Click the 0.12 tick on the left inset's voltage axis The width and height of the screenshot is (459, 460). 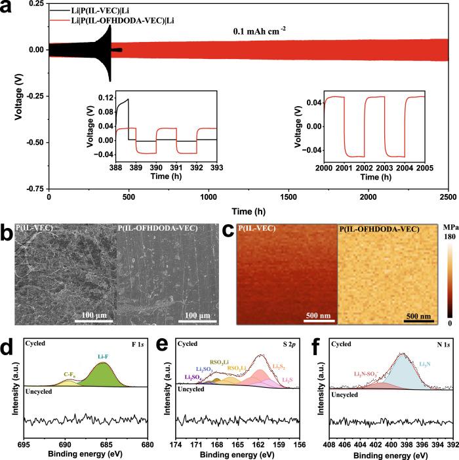(103, 98)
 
